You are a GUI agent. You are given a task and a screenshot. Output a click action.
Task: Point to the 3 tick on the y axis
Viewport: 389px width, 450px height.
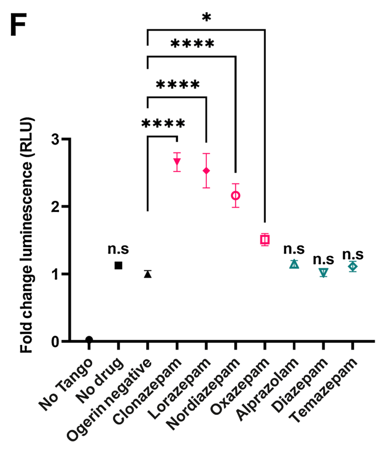[x=53, y=139]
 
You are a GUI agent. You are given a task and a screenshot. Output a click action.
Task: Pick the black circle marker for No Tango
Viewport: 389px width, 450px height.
[x=89, y=340]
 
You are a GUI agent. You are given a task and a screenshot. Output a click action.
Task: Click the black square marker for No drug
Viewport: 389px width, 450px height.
[x=118, y=265]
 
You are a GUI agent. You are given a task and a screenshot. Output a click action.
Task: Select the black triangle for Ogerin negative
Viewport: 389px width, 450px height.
[x=148, y=274]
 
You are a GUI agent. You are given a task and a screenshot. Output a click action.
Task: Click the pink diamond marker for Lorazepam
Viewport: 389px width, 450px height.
[x=206, y=171]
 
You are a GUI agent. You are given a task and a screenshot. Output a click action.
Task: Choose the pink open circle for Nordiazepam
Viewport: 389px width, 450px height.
[x=236, y=196]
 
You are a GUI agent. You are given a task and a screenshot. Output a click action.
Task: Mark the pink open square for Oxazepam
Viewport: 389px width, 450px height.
[x=265, y=240]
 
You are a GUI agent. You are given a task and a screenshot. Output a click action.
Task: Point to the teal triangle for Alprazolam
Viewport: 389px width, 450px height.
[x=294, y=264]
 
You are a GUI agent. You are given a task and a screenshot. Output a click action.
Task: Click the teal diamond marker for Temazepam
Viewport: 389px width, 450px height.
[x=353, y=267]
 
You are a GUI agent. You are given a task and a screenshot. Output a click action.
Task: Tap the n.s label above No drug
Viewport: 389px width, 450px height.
[x=118, y=249]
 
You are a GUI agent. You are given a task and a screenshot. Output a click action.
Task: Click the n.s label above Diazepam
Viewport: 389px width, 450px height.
[x=323, y=259]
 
